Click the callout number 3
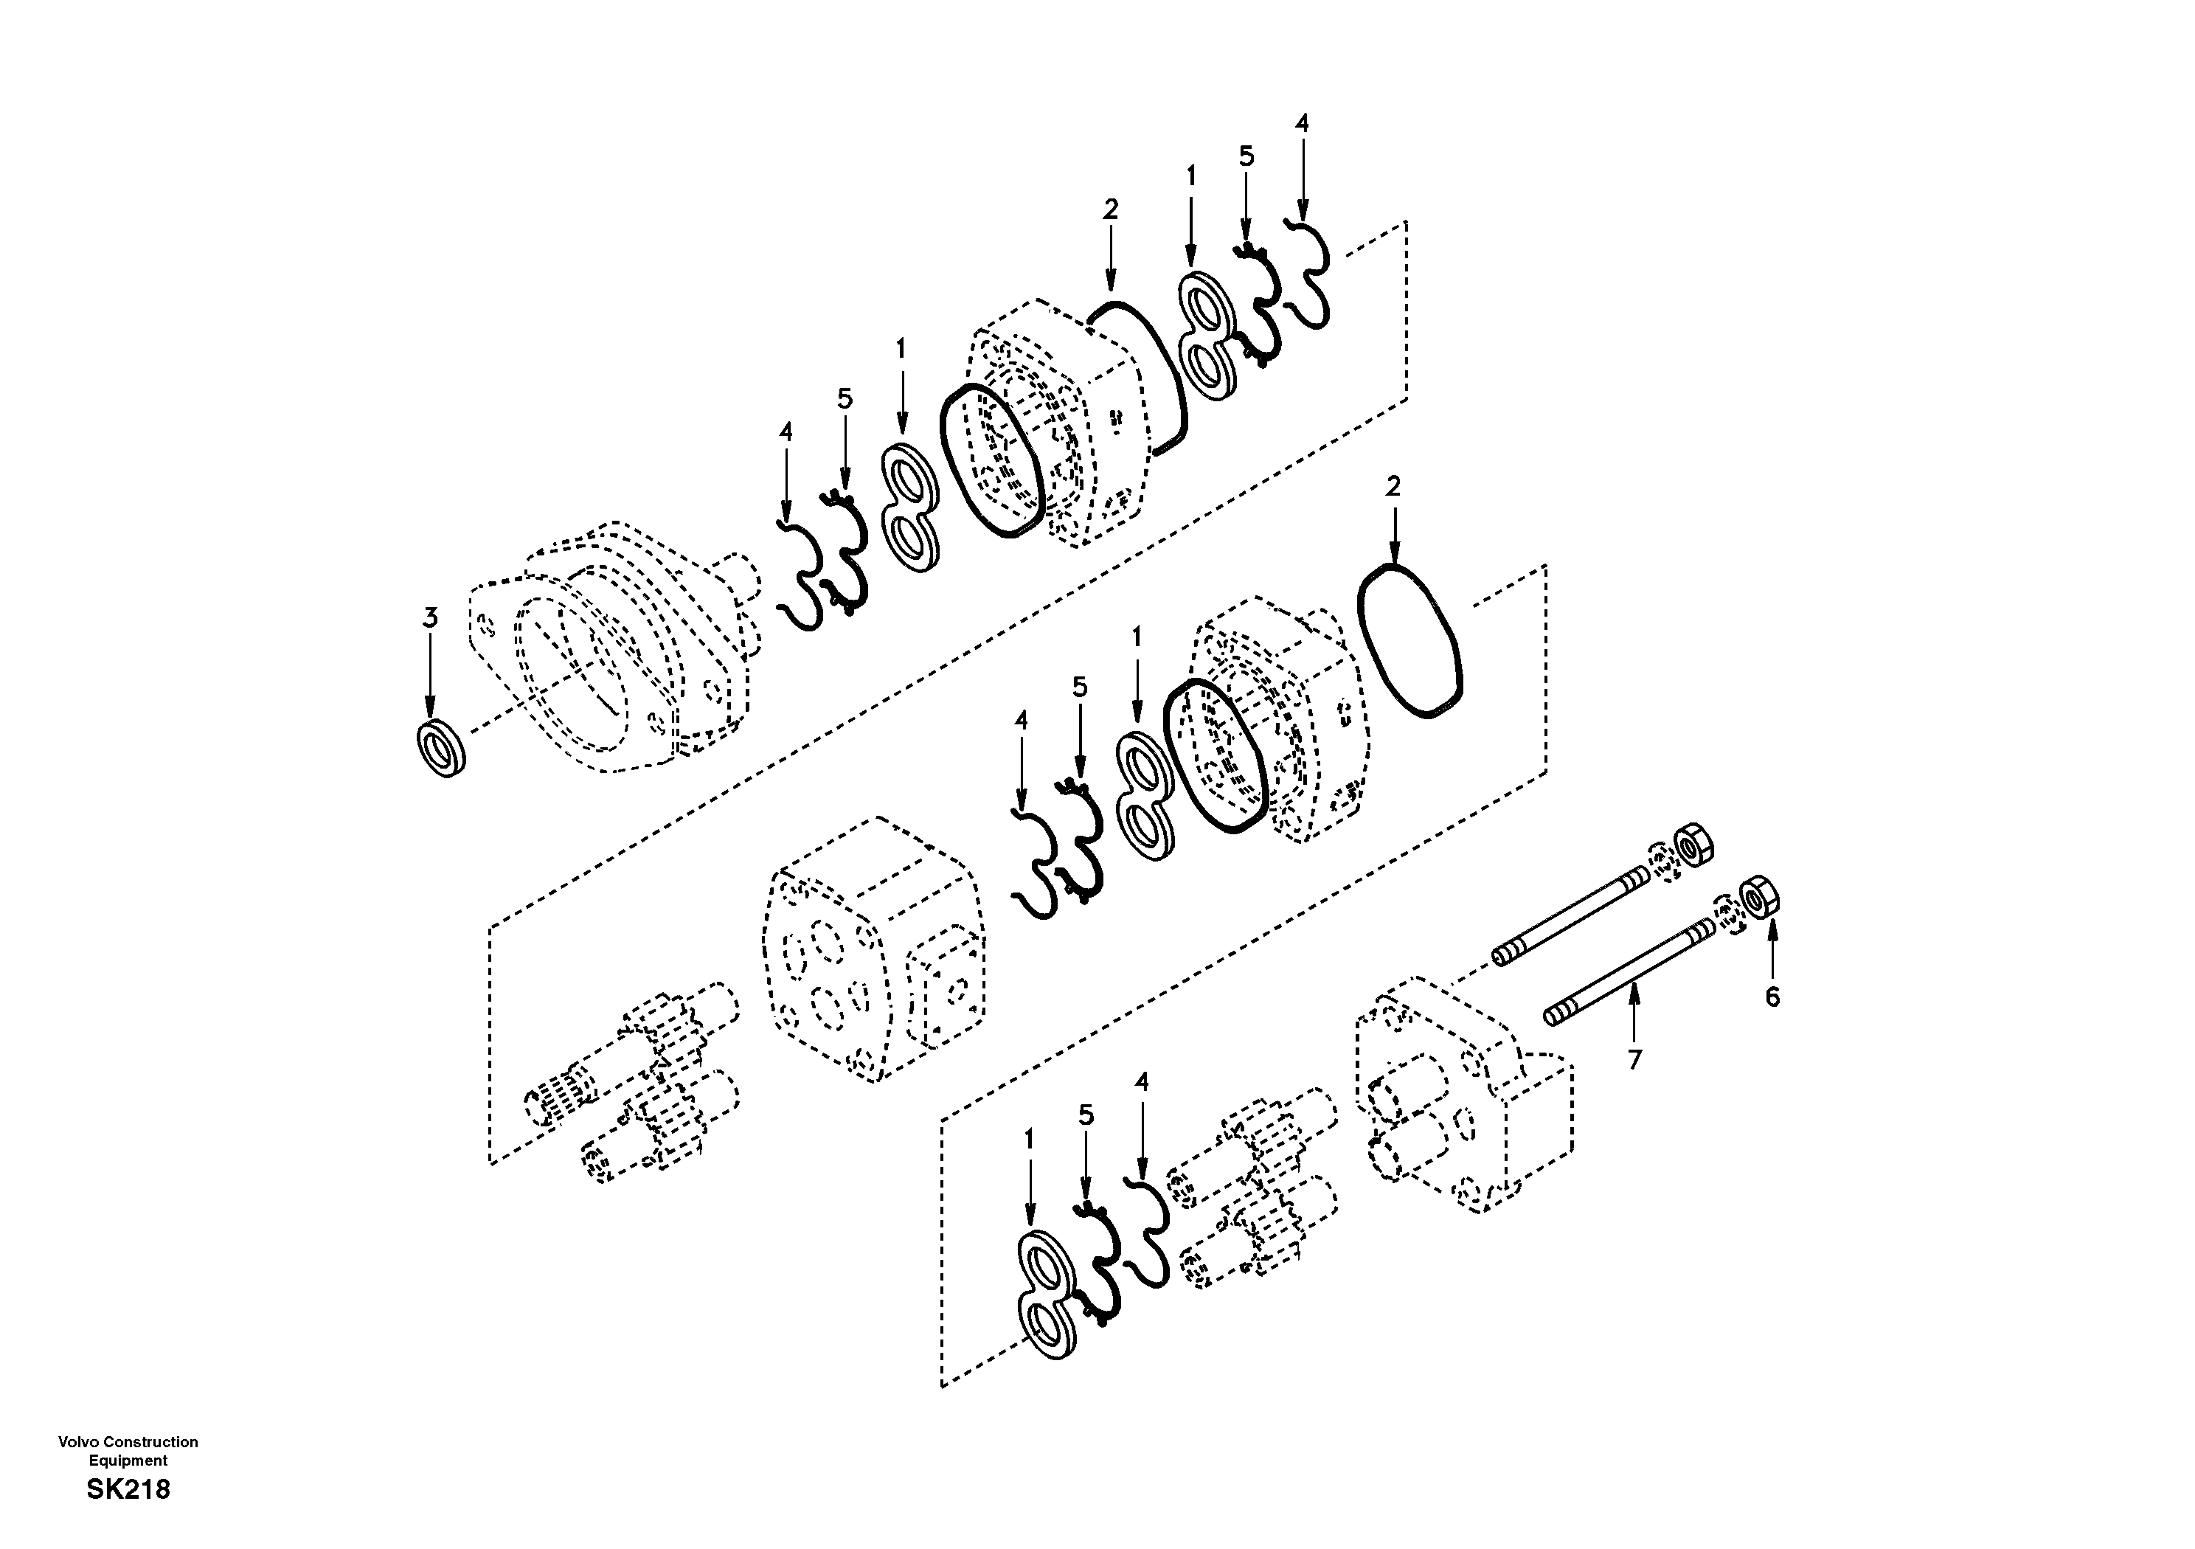pos(430,619)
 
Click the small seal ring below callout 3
pos(442,749)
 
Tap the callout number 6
pos(1772,998)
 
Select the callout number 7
pos(1634,1059)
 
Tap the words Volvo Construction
pos(128,1442)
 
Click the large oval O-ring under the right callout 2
pos(1410,654)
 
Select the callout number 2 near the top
pos(1110,209)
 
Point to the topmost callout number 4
pos(1301,123)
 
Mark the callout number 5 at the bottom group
pos(1086,1115)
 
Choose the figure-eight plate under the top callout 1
pos(1207,336)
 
